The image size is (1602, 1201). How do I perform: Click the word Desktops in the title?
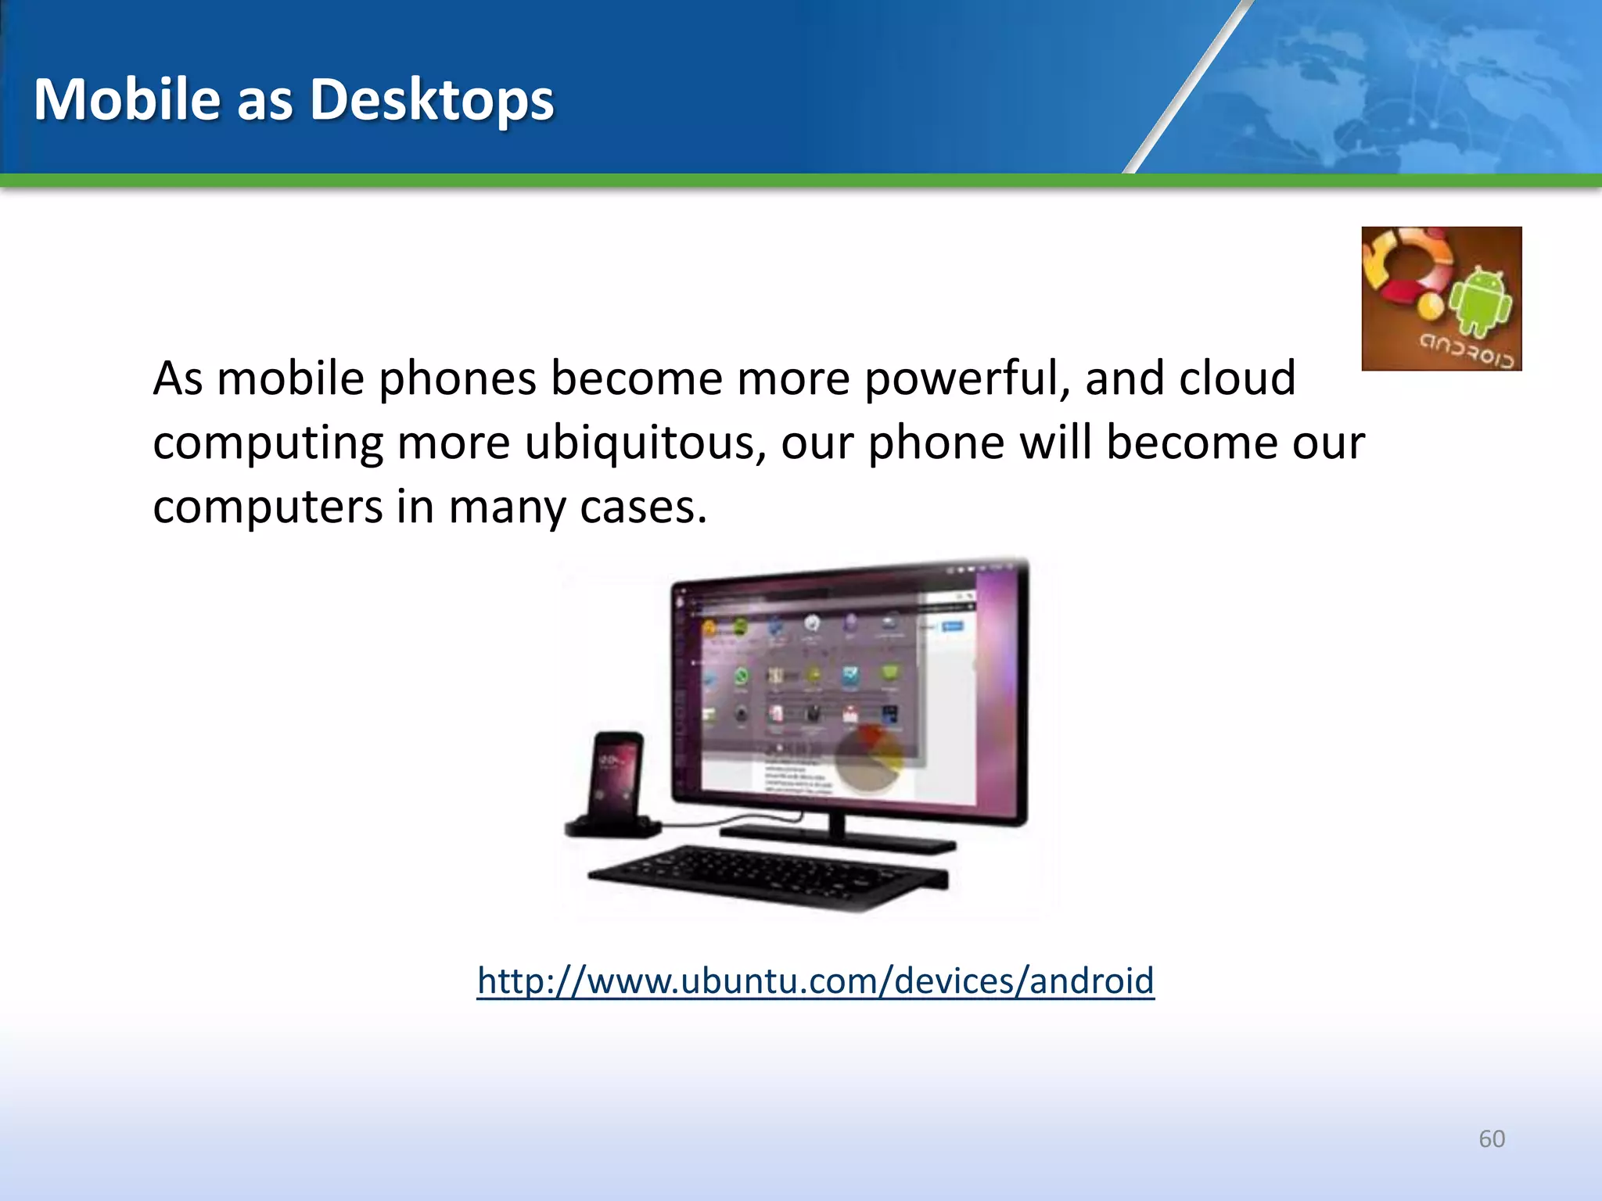(432, 99)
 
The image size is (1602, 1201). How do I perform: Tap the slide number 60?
(1492, 1138)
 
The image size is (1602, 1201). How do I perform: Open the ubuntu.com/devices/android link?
(815, 981)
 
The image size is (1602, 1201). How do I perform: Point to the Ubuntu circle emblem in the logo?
(1408, 270)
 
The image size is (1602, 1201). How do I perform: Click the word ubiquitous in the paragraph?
(645, 444)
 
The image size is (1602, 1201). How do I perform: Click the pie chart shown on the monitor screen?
(868, 757)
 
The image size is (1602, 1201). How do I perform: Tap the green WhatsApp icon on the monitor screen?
(740, 676)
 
